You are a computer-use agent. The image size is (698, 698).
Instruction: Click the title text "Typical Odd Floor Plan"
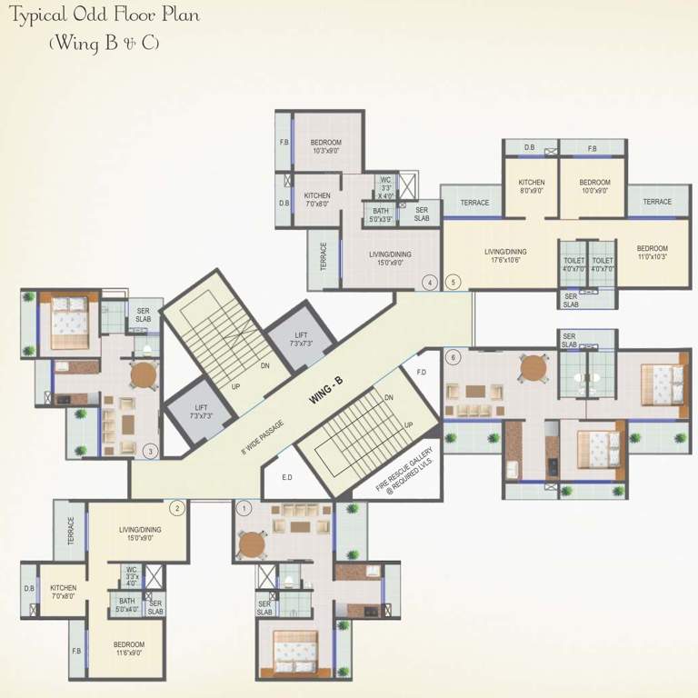click(105, 16)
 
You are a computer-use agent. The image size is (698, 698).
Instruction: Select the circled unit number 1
click(243, 507)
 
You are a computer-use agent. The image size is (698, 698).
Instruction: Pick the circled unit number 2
click(178, 508)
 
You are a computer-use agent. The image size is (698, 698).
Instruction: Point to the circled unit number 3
click(151, 449)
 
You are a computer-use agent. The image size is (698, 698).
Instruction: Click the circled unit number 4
click(429, 283)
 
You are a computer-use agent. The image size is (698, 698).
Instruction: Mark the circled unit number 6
click(453, 356)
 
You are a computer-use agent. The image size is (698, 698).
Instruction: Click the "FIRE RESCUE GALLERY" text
click(406, 467)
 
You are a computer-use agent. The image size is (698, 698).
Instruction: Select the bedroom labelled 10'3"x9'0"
click(325, 147)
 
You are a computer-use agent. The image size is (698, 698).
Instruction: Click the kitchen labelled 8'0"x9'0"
click(531, 187)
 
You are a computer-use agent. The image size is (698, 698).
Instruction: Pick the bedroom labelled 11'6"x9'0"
click(129, 649)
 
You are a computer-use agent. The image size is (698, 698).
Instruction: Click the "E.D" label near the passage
click(287, 476)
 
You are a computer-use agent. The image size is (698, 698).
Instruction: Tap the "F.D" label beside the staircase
click(421, 373)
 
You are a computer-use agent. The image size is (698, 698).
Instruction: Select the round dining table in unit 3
click(143, 374)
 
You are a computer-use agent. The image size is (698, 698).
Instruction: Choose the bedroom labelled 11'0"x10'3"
click(652, 253)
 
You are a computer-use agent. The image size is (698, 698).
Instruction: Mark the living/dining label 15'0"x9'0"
click(139, 534)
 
